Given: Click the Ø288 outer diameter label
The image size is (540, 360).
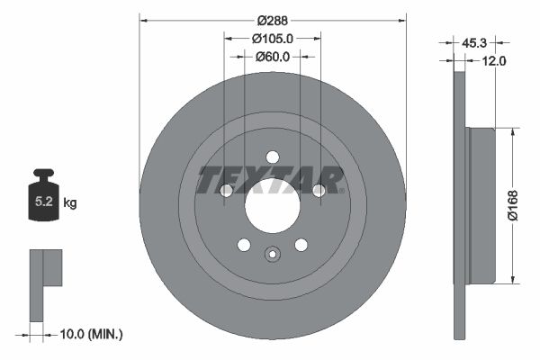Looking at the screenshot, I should tap(273, 20).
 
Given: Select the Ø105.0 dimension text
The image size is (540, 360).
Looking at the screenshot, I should tap(273, 39).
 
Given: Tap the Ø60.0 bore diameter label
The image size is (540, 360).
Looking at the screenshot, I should tap(273, 57).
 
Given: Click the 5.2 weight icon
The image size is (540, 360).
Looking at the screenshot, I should tap(44, 193).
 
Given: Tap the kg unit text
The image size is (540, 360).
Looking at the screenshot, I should tap(70, 203).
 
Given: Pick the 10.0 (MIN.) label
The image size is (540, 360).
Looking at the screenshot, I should tap(91, 334).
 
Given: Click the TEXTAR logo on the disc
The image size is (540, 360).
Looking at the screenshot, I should tap(271, 180).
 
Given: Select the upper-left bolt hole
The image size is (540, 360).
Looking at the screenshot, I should tap(227, 190).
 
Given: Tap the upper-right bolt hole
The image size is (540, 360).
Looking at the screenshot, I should tap(318, 189).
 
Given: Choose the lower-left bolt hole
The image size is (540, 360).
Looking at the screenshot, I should tap(243, 245).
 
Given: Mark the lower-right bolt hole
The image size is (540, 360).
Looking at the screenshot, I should tap(301, 245).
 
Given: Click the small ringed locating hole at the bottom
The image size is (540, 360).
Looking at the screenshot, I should tap(272, 255).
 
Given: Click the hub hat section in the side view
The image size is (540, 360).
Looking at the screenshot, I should tap(481, 203).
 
